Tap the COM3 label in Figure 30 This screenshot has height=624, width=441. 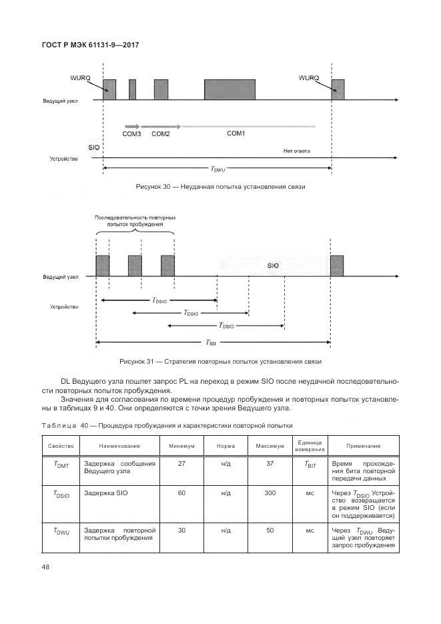coord(131,134)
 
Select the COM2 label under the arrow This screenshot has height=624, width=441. coord(161,134)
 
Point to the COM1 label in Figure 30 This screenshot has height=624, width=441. coord(236,133)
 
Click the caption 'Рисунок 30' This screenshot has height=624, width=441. coord(220,187)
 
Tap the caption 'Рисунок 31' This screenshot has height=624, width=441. coord(220,362)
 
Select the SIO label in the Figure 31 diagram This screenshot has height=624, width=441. coord(273,266)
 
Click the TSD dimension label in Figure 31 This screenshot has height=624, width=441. coord(211,342)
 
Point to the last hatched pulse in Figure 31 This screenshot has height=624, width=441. coord(337,265)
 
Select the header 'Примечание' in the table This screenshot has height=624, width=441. coord(363,445)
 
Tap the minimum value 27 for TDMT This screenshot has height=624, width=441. coord(181,464)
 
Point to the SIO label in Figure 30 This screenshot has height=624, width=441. coord(94,146)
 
